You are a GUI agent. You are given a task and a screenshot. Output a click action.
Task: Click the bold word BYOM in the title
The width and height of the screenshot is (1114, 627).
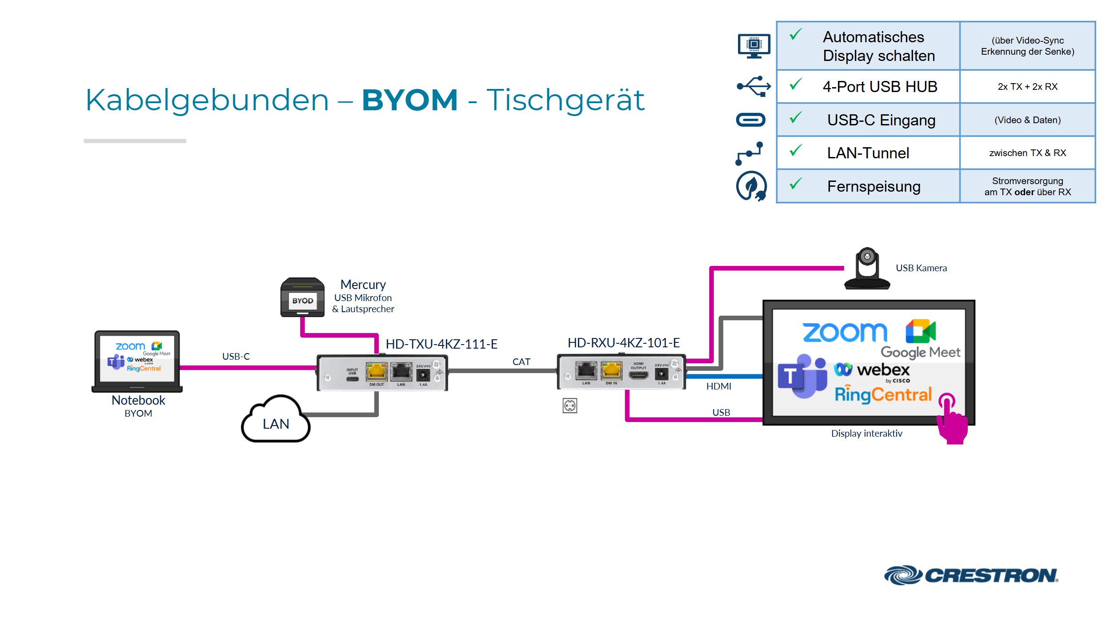[x=409, y=100]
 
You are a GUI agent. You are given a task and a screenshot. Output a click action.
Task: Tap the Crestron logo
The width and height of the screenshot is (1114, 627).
[x=971, y=575]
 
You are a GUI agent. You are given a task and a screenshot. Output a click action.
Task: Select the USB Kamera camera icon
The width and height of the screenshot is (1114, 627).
[x=866, y=269]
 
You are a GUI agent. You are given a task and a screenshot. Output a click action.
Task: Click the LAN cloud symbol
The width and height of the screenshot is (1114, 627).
[x=275, y=421]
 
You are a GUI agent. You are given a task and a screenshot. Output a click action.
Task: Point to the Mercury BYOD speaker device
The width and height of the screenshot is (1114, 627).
[x=302, y=297]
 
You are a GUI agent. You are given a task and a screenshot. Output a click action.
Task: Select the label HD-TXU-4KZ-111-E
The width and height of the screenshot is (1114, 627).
[x=441, y=344]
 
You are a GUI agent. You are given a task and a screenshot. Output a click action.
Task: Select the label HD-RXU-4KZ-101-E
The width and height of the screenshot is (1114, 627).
[x=623, y=342]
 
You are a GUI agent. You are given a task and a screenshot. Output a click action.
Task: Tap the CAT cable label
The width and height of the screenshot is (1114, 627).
[x=521, y=362]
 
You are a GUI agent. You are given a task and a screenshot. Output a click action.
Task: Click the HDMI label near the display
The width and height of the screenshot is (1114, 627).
[x=718, y=386]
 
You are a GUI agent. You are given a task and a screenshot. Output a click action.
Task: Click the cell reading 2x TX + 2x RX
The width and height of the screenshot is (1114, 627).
[x=1027, y=87]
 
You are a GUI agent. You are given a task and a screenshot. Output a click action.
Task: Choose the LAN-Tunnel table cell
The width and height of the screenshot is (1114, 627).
[x=868, y=153]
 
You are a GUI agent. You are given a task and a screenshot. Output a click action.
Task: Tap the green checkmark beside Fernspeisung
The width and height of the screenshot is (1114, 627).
[x=795, y=184]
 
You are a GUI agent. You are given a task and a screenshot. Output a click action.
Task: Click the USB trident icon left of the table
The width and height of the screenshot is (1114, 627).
[x=753, y=86]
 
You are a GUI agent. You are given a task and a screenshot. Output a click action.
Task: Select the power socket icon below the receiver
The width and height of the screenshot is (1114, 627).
[x=569, y=406]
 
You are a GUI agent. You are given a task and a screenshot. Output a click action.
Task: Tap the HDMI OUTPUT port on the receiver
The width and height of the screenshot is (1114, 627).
[x=638, y=375]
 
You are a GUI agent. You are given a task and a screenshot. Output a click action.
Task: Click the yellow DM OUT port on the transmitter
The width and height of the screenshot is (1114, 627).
[x=376, y=372]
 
